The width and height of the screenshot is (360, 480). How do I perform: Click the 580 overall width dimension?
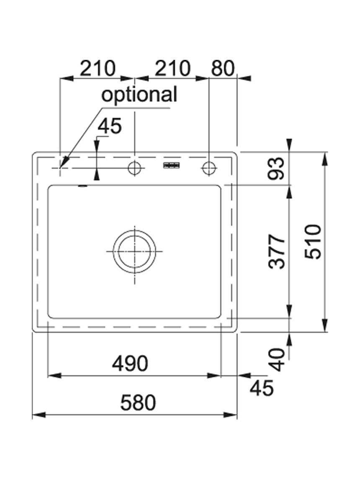coord(138,403)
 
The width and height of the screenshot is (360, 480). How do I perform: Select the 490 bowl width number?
coord(130,364)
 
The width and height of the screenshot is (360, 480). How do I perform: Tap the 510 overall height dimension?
coord(313,241)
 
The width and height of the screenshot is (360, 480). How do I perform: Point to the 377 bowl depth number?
coord(276,252)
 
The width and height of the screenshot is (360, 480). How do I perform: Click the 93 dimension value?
coord(276,168)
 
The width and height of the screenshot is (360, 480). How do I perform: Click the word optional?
coord(139,94)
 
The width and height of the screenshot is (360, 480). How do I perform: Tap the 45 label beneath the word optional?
coord(110,126)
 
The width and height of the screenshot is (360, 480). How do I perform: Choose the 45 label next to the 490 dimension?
coord(262,388)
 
